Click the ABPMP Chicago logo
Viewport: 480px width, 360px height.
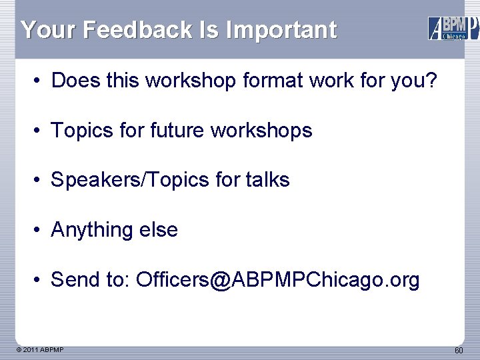point(453,28)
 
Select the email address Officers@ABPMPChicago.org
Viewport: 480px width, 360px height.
point(278,280)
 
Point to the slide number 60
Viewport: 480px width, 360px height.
point(459,351)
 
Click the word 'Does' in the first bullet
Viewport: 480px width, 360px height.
point(75,81)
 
